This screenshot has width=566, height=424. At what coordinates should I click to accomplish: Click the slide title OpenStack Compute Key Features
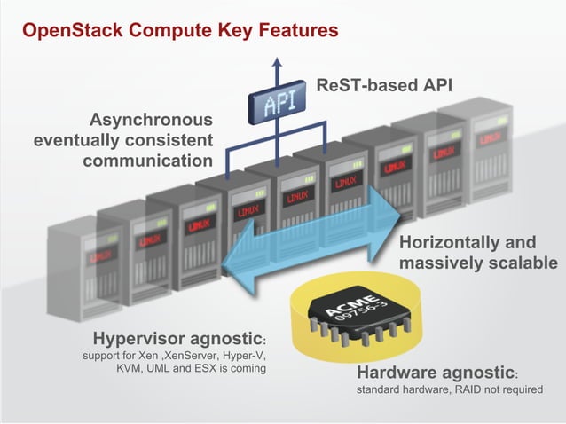click(180, 31)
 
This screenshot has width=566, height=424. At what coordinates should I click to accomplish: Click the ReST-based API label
click(384, 86)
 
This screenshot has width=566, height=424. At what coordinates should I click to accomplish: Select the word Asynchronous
click(151, 120)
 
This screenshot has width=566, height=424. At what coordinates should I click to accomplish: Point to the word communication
click(147, 161)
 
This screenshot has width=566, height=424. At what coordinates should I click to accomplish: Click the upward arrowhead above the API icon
click(278, 63)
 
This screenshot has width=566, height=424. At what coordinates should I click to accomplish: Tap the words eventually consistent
click(123, 140)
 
